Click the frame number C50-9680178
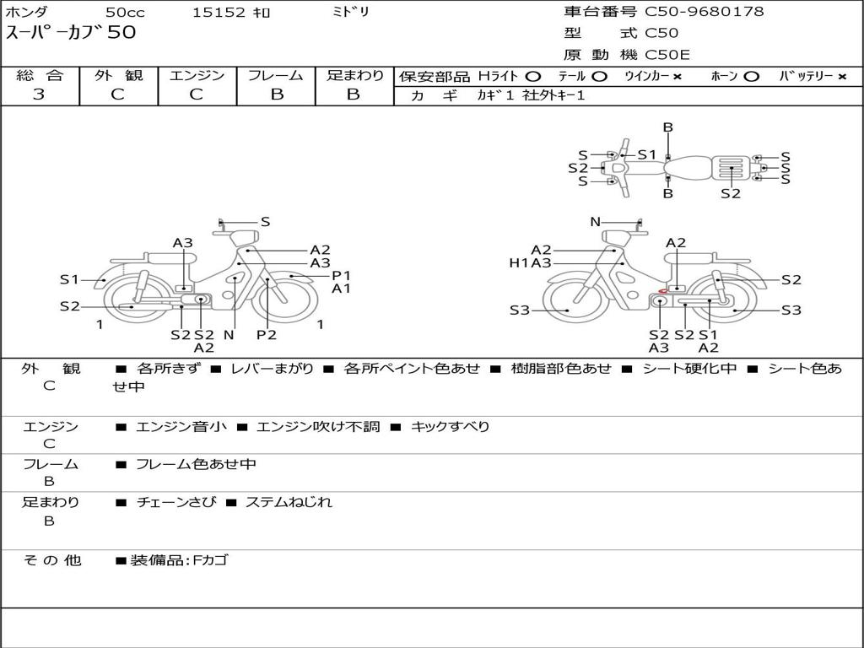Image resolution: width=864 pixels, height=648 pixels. (x=705, y=12)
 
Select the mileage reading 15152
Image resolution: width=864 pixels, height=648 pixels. (x=219, y=13)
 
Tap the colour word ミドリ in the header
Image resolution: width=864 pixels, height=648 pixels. (x=350, y=13)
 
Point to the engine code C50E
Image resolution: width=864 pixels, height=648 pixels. (x=667, y=55)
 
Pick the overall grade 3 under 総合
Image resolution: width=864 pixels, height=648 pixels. (x=39, y=94)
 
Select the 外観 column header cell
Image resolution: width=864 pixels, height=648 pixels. (x=118, y=75)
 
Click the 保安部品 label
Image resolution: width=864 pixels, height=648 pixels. (x=434, y=76)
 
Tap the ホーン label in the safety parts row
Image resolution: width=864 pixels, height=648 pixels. (x=724, y=76)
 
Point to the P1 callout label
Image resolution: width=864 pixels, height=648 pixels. (x=341, y=275)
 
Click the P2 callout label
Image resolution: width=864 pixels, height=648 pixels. (x=267, y=335)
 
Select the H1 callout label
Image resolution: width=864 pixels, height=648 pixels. (x=518, y=263)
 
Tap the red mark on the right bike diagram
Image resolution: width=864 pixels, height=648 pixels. (x=664, y=292)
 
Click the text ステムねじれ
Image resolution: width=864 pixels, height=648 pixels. (x=289, y=502)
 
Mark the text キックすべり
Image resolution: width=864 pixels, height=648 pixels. (x=450, y=427)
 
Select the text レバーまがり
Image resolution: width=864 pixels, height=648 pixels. (x=272, y=369)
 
